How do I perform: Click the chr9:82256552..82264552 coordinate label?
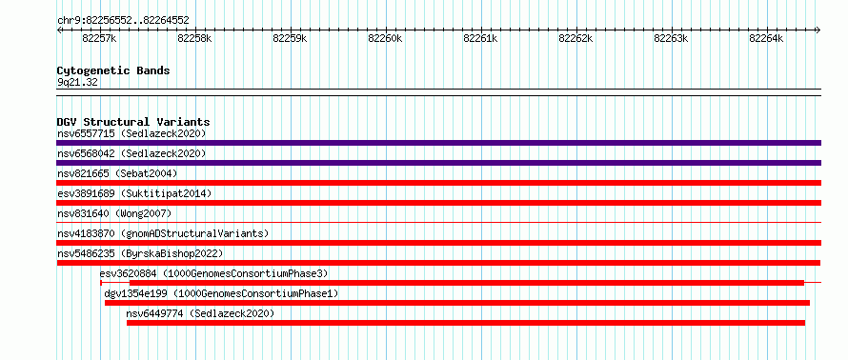pos(123,21)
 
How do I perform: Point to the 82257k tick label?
pos(99,38)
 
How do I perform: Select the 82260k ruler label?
pos(385,38)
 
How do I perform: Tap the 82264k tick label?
pos(766,38)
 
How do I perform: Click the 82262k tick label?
pos(575,38)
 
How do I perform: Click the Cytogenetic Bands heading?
pos(113,70)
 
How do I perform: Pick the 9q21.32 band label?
pos(77,83)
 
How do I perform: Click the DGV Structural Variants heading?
pos(133,122)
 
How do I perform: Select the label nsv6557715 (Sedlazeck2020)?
pos(131,133)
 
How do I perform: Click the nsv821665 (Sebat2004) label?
pos(117,173)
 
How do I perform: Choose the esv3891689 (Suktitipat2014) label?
pos(134,193)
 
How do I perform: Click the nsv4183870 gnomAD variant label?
pos(163,233)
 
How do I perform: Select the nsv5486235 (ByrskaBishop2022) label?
pos(140,253)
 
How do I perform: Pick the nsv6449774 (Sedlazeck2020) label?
pos(200,313)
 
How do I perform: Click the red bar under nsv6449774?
pos(466,323)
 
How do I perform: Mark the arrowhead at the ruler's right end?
pos(818,30)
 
